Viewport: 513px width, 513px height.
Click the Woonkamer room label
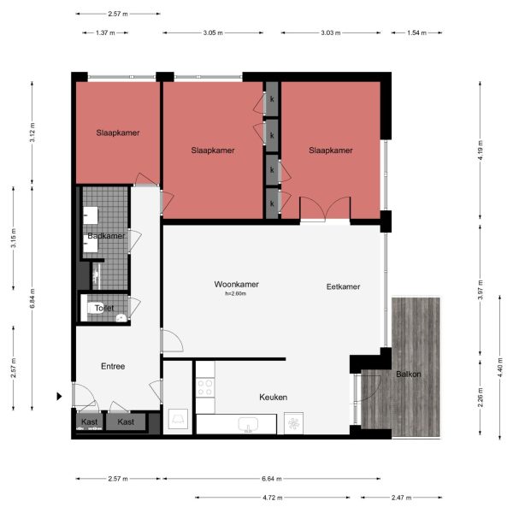click(237, 284)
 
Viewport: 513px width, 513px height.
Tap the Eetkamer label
click(344, 287)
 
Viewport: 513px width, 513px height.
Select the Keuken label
click(273, 398)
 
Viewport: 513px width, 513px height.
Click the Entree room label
click(112, 366)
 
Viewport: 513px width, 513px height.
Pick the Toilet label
click(104, 308)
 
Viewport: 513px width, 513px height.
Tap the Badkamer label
click(106, 236)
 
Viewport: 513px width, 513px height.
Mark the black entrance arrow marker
click(59, 396)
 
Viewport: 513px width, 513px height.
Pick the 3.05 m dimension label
click(212, 33)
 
